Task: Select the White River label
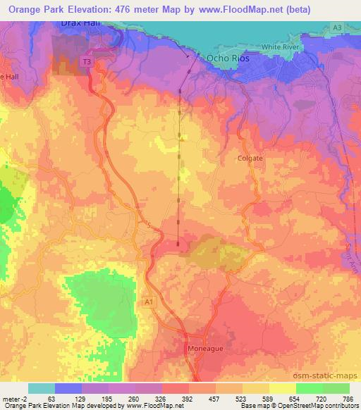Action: pyautogui.click(x=281, y=46)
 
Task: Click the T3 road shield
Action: pyautogui.click(x=87, y=63)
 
